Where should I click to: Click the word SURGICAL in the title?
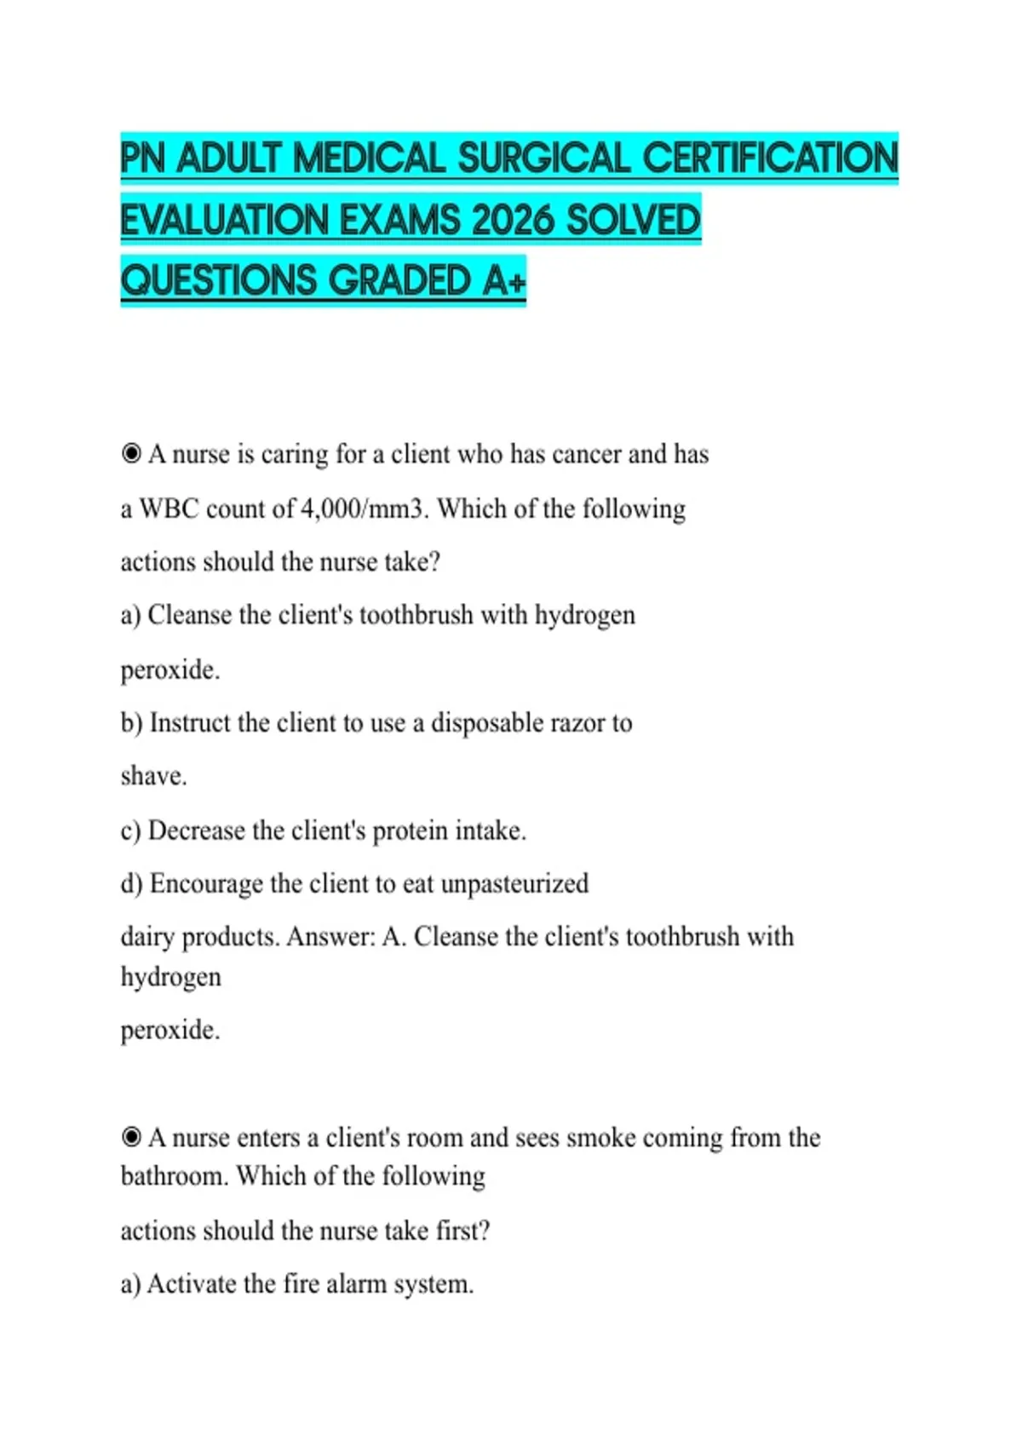pyautogui.click(x=545, y=158)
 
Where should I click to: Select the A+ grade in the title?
pyautogui.click(x=504, y=281)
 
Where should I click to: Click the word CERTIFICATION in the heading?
pyautogui.click(x=770, y=158)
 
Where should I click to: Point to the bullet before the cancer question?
pyautogui.click(x=131, y=454)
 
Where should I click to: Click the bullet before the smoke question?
pyautogui.click(x=131, y=1137)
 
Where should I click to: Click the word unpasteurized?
pyautogui.click(x=514, y=883)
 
